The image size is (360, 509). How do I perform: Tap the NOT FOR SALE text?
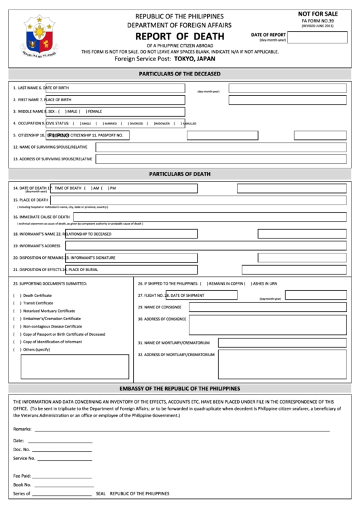coord(317,14)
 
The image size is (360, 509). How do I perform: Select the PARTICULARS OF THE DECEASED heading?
coord(179,73)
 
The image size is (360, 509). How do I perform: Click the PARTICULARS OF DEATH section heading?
coord(179,173)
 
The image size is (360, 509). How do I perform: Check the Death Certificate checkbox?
coord(16,296)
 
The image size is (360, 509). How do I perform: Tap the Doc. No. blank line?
coord(62,449)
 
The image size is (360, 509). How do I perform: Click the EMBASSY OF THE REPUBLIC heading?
coord(179,389)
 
